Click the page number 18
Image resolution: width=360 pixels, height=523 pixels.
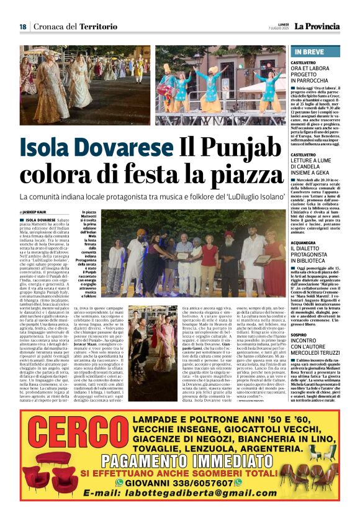[22, 27]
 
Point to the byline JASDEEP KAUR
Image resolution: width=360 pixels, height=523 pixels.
[38, 212]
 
